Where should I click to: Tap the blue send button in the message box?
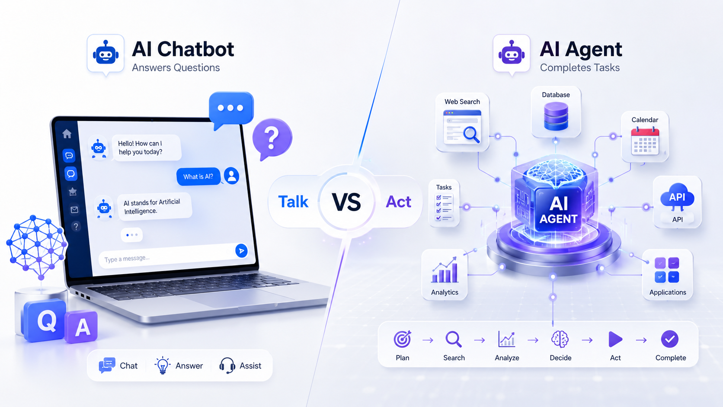click(241, 250)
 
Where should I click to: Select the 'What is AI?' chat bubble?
click(198, 176)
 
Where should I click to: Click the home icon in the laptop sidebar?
click(67, 134)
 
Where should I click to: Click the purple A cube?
click(82, 327)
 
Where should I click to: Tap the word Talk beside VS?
click(293, 202)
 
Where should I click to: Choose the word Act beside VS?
click(399, 202)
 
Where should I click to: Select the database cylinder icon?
click(556, 116)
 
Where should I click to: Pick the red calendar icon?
click(645, 141)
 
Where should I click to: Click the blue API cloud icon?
click(677, 195)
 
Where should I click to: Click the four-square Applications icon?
click(667, 270)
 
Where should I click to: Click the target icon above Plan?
click(402, 339)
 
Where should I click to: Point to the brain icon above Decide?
click(560, 339)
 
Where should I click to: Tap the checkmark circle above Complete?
click(670, 339)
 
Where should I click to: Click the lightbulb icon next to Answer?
click(162, 365)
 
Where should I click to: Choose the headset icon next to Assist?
click(227, 365)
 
